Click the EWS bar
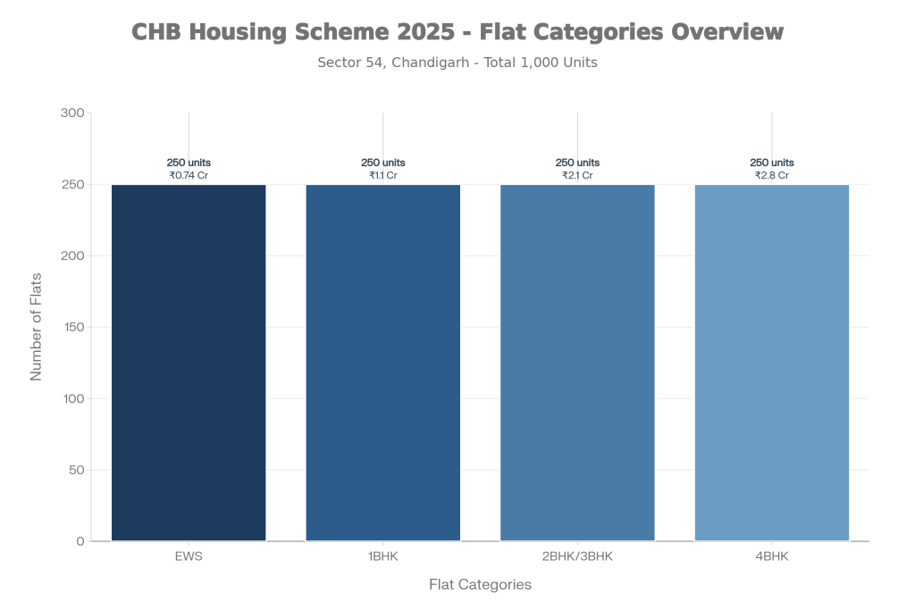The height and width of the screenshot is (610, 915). coord(189,362)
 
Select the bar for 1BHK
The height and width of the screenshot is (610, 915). coord(383,362)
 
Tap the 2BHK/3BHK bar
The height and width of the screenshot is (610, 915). coord(577,362)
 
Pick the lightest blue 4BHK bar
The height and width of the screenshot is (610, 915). coord(772,362)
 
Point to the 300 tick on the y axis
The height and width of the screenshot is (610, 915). coord(72,113)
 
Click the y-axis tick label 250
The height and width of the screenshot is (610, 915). coord(72,185)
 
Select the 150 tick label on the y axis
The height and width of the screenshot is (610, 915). coord(72,328)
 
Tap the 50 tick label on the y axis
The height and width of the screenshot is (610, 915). coord(75,470)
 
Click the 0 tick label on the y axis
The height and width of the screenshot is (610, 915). coord(80,541)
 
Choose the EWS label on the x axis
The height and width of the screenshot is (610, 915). coord(189,557)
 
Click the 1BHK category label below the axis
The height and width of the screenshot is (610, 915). coord(383,557)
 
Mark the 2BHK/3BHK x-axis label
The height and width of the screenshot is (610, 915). coord(577,557)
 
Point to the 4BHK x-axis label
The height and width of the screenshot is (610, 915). coord(772,557)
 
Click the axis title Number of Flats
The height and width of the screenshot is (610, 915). coord(37,327)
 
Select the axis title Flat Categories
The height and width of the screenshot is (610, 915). coord(480,585)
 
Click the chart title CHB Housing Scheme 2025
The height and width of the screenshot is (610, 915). coord(457,32)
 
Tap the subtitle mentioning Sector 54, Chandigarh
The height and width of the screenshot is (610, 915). coord(457,63)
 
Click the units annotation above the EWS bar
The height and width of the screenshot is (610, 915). coord(189,169)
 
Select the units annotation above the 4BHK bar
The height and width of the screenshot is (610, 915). coord(772,169)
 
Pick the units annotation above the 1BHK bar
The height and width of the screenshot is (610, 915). coord(383,169)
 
